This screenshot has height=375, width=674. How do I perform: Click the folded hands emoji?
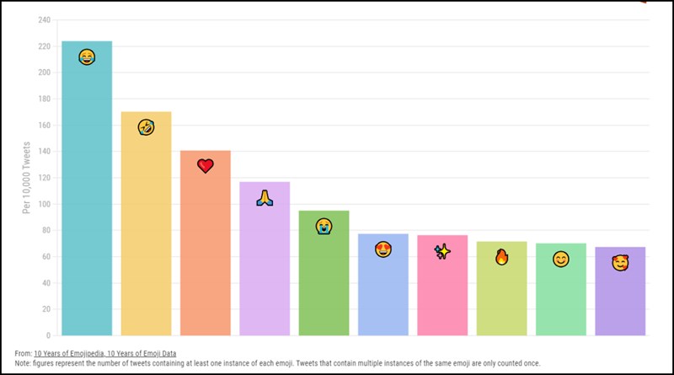tap(265, 199)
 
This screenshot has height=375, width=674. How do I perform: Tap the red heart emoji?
tap(206, 165)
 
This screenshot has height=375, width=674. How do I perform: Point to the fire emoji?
tap(501, 256)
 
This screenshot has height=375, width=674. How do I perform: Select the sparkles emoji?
tap(442, 251)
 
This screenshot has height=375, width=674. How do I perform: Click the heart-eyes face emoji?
tap(382, 249)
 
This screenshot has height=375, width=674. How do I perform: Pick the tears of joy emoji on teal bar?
tap(87, 57)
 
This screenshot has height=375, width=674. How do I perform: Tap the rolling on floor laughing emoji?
tap(146, 127)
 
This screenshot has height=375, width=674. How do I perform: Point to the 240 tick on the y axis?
tap(45, 19)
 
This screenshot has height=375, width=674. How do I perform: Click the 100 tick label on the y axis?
tap(45, 204)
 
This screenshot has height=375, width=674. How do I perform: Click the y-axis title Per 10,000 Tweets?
tap(26, 178)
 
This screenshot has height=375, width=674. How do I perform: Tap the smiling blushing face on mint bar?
tap(560, 260)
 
